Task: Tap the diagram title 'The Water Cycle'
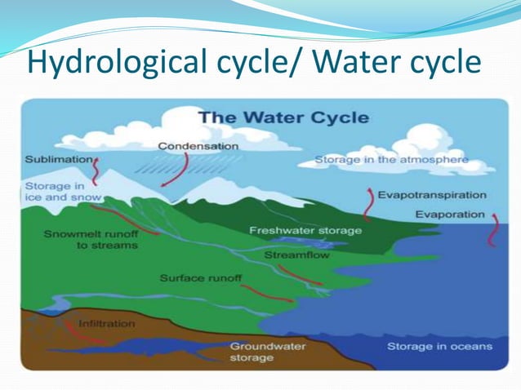283,117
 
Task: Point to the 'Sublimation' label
56,160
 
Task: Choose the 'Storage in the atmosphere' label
391,160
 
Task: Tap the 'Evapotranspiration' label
431,196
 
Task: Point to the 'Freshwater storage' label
305,231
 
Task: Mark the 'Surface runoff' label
201,279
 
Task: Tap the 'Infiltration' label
106,324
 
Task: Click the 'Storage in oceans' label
439,347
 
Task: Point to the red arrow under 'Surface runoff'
266,293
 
